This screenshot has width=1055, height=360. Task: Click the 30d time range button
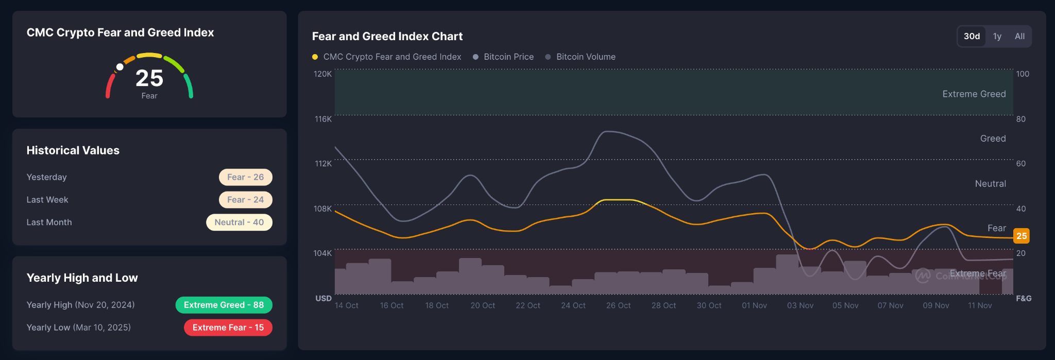tap(972, 36)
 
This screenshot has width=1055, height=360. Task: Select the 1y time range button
tap(997, 36)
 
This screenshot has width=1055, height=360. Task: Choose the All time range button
tap(1019, 36)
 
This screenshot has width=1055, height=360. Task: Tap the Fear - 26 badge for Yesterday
tap(245, 177)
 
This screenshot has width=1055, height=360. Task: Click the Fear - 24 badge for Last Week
tap(245, 200)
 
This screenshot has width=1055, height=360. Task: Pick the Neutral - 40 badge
tap(239, 222)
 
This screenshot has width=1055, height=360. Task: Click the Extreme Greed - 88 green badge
tap(224, 305)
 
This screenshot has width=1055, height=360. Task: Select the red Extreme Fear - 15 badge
tap(228, 328)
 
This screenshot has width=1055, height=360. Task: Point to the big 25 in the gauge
tap(149, 78)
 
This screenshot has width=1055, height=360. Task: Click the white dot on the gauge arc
tap(120, 67)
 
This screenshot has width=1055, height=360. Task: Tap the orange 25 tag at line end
tap(1021, 236)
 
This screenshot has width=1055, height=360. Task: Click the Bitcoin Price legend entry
tap(508, 57)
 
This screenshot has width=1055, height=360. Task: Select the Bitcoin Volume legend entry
tap(585, 57)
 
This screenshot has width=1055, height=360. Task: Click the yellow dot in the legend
tap(315, 57)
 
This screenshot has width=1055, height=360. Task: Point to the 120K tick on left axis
tap(322, 74)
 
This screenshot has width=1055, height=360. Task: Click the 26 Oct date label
tap(618, 305)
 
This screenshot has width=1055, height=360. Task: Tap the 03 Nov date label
tap(800, 305)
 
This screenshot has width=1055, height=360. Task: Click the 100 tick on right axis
tap(1023, 74)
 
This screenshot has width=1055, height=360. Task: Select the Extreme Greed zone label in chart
tap(974, 94)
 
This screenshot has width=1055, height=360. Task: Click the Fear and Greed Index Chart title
tap(387, 36)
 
